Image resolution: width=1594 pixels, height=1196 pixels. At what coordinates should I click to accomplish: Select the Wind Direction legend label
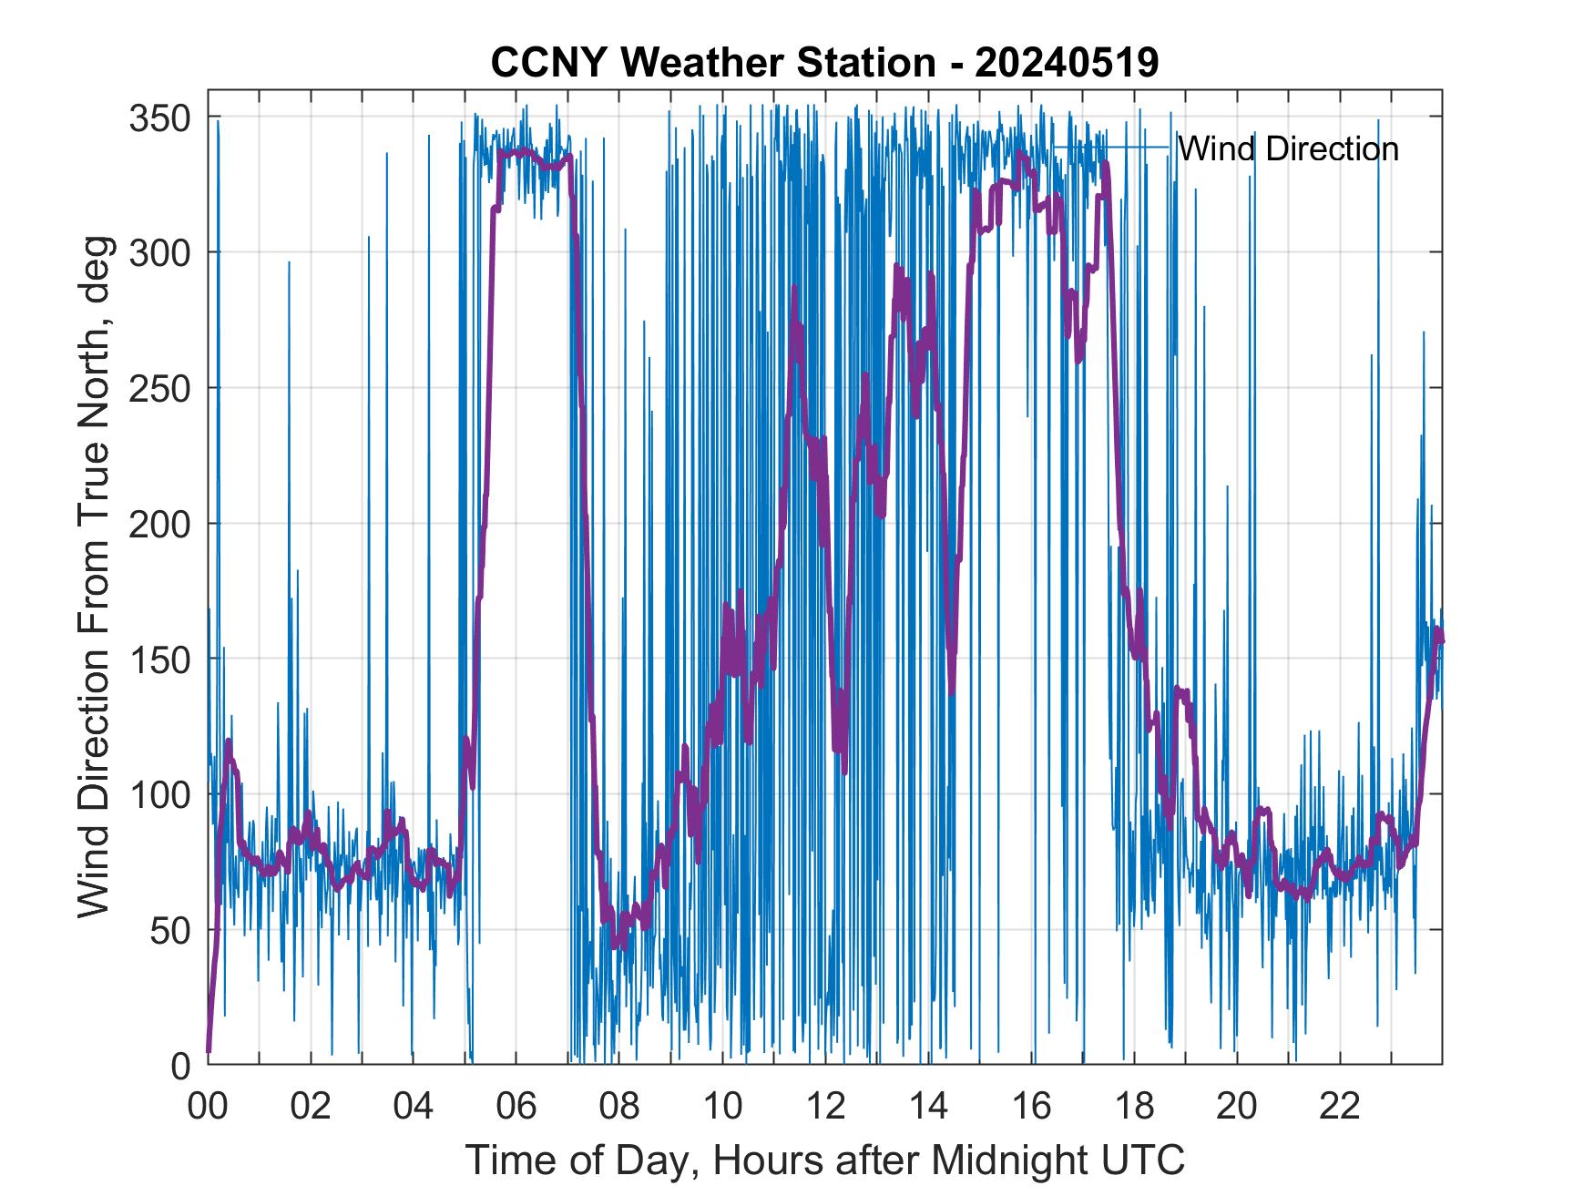[x=1288, y=148]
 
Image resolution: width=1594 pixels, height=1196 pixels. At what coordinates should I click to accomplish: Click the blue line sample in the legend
[x=1111, y=148]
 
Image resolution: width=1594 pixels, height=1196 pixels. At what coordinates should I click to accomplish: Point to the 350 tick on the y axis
[x=160, y=118]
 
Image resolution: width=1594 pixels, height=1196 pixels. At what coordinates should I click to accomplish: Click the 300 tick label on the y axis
[x=160, y=252]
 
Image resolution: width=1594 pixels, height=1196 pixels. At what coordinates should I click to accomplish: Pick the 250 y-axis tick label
[x=160, y=388]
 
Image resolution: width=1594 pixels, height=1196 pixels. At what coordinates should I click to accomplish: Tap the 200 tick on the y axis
[x=160, y=524]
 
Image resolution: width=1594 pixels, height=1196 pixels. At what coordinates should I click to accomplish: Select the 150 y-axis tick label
[x=160, y=659]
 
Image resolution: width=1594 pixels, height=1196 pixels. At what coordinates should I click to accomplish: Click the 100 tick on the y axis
[x=160, y=794]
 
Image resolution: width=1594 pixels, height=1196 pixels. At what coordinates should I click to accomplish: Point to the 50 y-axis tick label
[x=170, y=930]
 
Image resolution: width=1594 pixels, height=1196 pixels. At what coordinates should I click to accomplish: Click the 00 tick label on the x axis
[x=208, y=1106]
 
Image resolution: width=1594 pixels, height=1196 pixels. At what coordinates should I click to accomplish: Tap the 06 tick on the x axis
[x=516, y=1106]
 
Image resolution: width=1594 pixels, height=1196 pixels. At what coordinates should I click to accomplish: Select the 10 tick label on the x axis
[x=722, y=1106]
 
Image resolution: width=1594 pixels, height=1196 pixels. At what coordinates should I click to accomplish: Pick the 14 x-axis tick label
[x=928, y=1106]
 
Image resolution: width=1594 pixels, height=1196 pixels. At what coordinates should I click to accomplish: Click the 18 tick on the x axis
[x=1134, y=1106]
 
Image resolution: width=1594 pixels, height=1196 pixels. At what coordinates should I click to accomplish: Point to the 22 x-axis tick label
[x=1340, y=1106]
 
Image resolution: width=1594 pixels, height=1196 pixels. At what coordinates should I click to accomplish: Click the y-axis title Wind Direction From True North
[x=95, y=577]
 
